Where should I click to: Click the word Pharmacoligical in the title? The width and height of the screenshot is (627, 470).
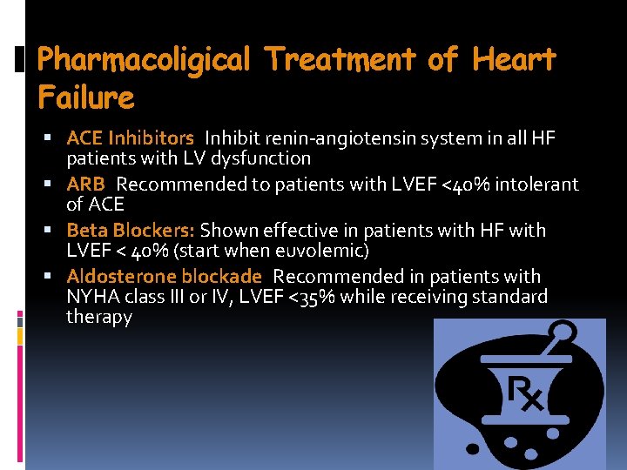point(144,59)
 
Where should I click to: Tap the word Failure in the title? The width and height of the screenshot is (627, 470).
point(86,97)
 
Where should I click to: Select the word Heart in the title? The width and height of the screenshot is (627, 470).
point(514,59)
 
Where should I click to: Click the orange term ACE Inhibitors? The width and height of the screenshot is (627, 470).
point(130,138)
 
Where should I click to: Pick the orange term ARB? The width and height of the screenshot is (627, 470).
point(85,184)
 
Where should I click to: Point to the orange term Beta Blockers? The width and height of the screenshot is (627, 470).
point(131,230)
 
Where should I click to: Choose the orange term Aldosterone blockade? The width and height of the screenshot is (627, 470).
point(164,276)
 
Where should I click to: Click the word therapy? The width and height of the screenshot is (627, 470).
point(99,317)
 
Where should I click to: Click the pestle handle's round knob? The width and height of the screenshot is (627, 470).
point(564,331)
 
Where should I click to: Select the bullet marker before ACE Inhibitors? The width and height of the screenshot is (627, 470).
point(55,138)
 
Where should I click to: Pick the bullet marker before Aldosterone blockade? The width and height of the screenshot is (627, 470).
point(55,277)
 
